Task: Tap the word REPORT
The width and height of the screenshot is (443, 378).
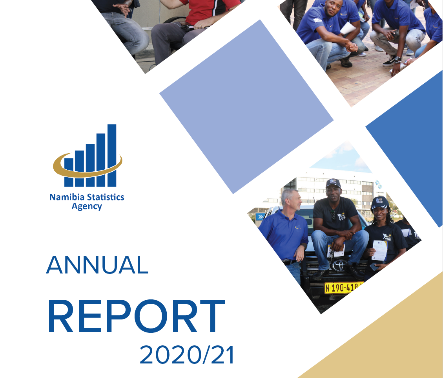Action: tap(136, 316)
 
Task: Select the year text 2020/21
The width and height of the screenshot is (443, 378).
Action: tap(187, 355)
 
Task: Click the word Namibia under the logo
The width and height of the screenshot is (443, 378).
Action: tap(64, 197)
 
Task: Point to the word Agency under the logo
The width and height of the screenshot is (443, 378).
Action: tap(87, 206)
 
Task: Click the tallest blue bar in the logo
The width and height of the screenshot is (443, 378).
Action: tap(112, 155)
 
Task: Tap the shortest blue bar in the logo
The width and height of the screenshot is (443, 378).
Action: tap(69, 172)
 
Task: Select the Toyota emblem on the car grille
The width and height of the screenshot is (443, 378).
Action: tap(339, 266)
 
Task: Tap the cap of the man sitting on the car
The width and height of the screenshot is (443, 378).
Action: tap(333, 183)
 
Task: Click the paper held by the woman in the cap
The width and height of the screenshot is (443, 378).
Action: tap(379, 250)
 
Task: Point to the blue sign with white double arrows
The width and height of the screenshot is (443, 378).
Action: tap(260, 217)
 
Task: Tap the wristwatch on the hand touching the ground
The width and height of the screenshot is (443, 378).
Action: tap(397, 59)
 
